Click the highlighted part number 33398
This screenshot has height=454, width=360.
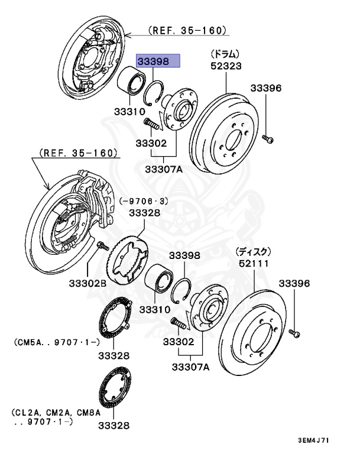[x=154, y=61]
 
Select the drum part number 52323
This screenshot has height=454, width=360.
[x=226, y=66]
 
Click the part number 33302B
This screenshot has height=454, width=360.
[x=86, y=284]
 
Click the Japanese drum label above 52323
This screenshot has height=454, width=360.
[x=225, y=54]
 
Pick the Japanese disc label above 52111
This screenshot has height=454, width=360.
[x=253, y=250]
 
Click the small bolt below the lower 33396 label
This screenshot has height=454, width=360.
[x=296, y=334]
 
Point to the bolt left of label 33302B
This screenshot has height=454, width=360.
[x=101, y=245]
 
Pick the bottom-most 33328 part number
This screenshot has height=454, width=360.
[x=114, y=426]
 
